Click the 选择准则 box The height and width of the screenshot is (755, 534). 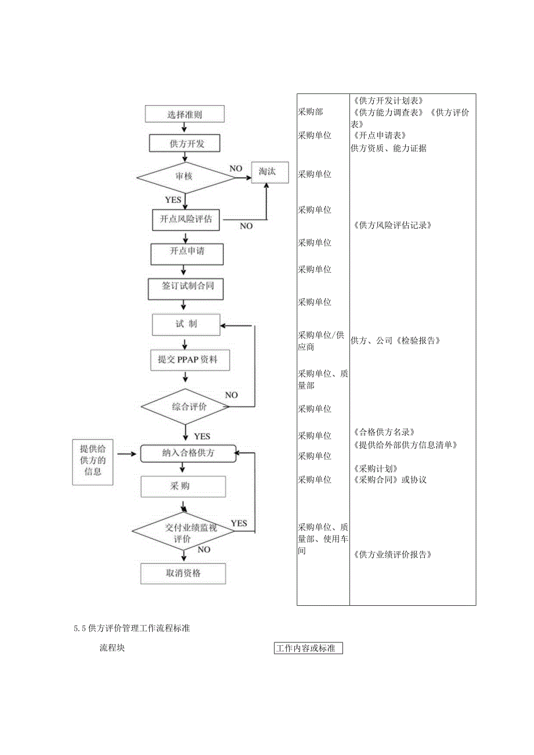pos(184,114)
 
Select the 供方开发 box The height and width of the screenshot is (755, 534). pos(186,143)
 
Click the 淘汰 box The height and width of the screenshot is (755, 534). pos(269,172)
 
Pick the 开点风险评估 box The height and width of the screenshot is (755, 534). pos(186,219)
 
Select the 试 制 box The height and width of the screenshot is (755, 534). pos(186,324)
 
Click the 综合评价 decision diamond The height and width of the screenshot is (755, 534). pos(186,407)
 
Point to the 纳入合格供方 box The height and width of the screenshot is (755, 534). pos(187,453)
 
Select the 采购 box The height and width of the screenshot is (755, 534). pos(183,486)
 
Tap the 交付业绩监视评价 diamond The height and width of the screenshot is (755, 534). pos(183,532)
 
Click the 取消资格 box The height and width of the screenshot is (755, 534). pos(183,574)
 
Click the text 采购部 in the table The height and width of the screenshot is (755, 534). pos(311,112)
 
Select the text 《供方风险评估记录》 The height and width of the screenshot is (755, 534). pos(392,225)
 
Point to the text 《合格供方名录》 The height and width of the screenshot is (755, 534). pos(383,432)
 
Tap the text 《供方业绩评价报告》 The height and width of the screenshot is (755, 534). pos(392,554)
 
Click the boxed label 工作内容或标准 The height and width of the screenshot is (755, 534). pos(308,648)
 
